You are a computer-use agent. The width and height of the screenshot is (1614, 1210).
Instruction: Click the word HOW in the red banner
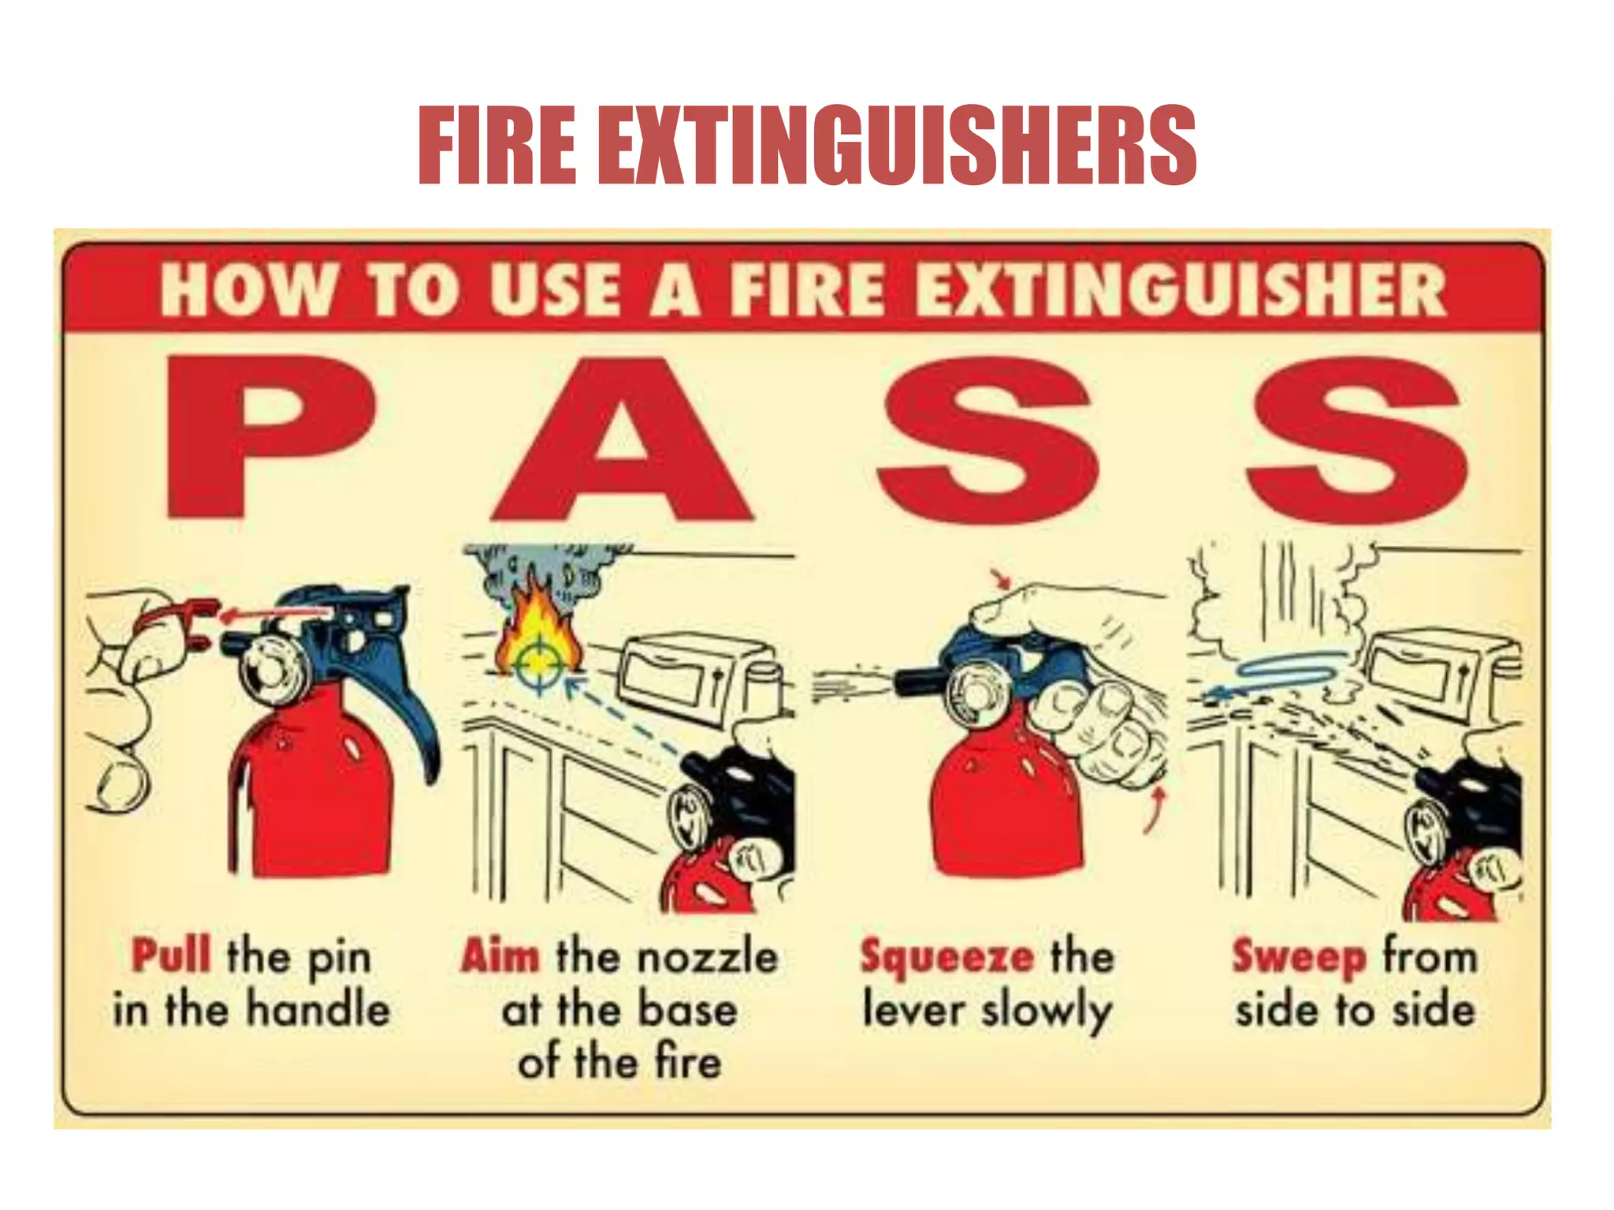pos(247,289)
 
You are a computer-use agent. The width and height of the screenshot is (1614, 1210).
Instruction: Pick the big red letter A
pos(623,441)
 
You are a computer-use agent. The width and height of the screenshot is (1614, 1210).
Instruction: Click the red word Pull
pos(171,956)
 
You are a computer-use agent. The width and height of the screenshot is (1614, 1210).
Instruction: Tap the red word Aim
pos(500,956)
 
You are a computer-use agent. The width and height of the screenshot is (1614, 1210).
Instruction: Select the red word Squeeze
pos(946,957)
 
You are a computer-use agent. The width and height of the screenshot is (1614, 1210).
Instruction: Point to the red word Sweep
pos(1299,957)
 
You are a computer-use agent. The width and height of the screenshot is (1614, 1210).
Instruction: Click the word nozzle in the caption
pos(707,957)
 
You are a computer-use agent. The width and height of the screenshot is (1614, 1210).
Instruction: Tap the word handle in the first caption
pos(318,1009)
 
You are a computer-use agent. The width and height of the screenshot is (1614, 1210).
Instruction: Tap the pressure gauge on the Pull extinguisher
pos(273,670)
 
